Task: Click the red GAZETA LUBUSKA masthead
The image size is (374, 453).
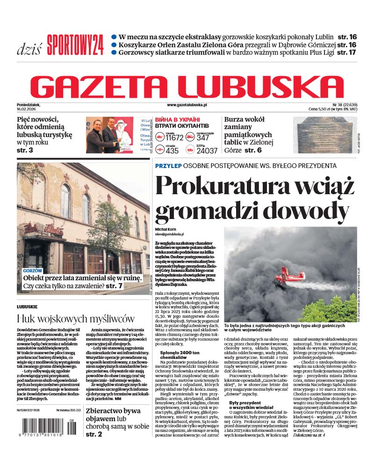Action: pyautogui.click(x=187, y=86)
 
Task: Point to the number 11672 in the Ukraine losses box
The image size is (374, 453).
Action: pyautogui.click(x=174, y=138)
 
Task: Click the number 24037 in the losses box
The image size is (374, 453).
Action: pyautogui.click(x=207, y=151)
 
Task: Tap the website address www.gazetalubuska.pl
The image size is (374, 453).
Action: pyautogui.click(x=187, y=106)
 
